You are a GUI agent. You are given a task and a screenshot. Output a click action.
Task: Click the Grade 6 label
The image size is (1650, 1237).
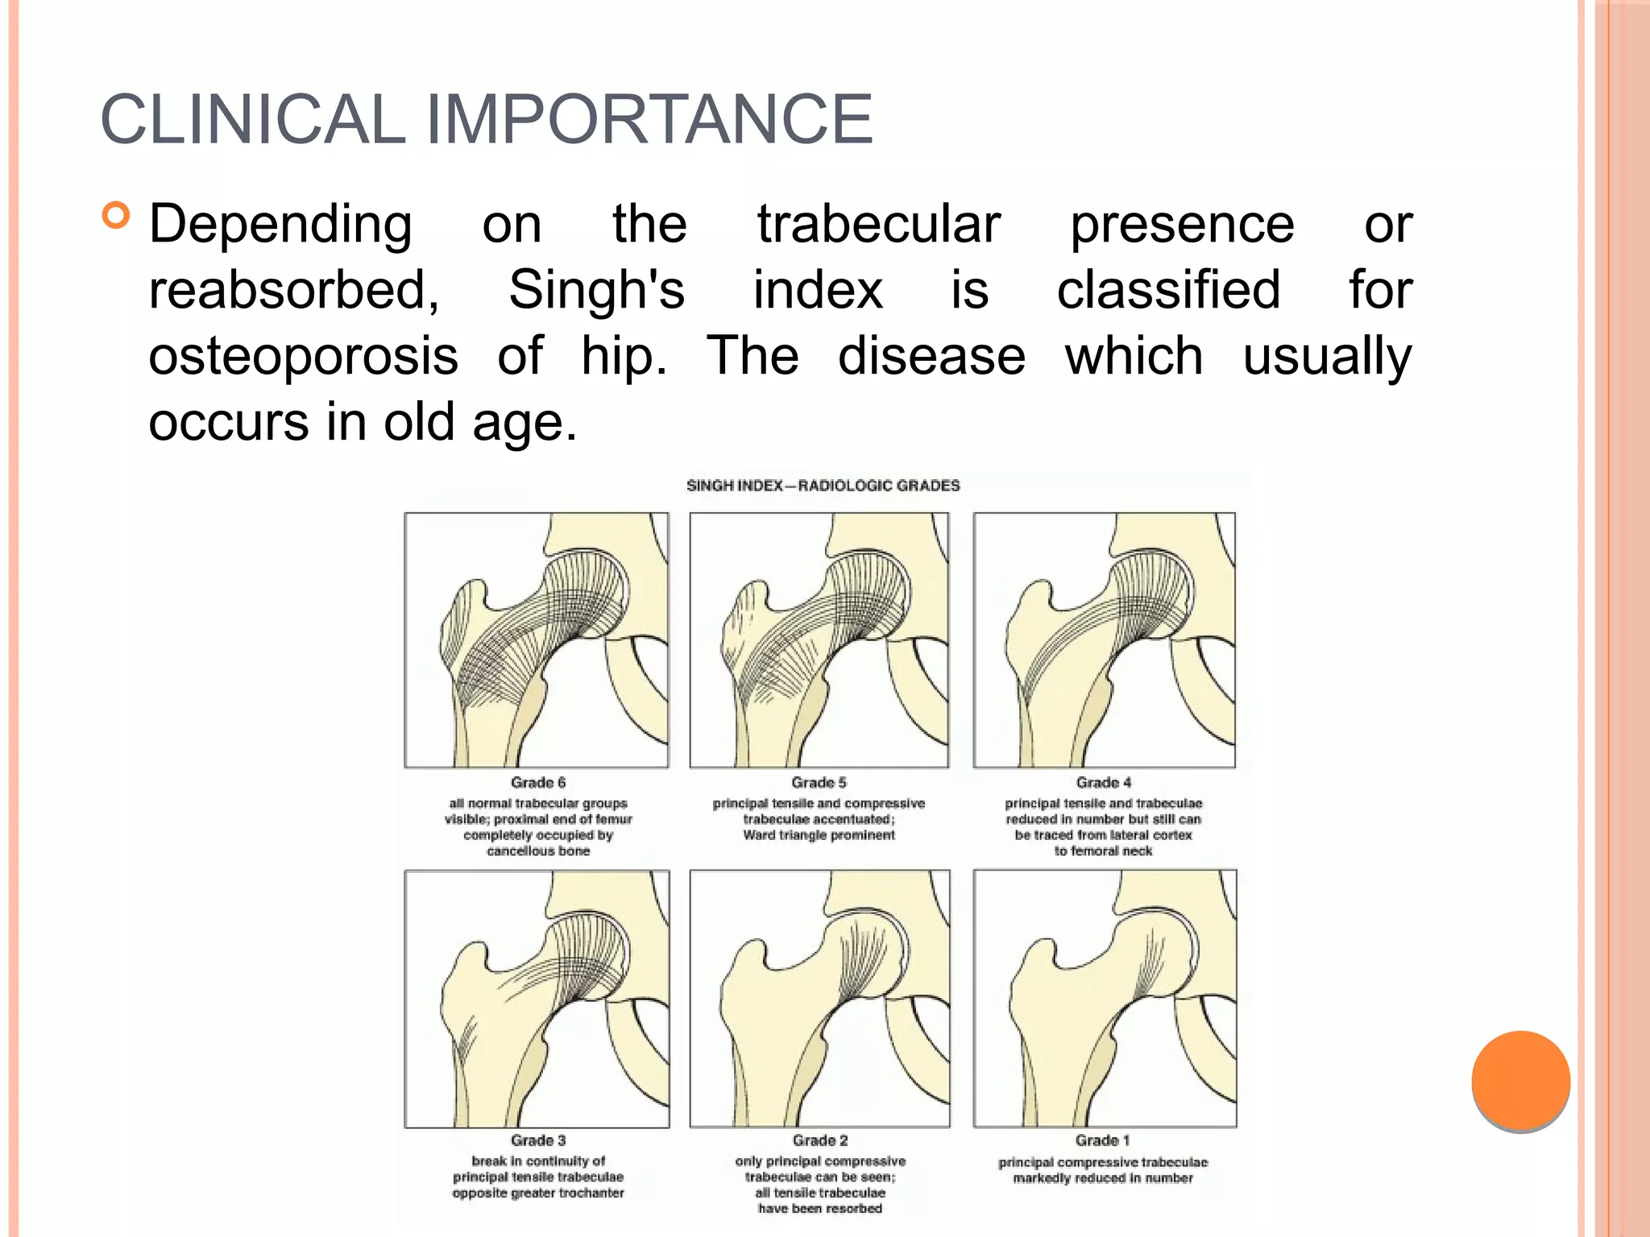pyautogui.click(x=538, y=783)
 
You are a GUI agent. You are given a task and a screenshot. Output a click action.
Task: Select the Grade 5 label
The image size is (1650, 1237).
pyautogui.click(x=819, y=783)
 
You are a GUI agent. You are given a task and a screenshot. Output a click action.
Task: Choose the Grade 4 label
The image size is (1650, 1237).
pyautogui.click(x=1104, y=783)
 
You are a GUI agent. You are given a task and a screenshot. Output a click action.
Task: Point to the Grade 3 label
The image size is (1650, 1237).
pyautogui.click(x=538, y=1140)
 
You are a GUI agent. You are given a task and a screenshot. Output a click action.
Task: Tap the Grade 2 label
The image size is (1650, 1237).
pyautogui.click(x=820, y=1140)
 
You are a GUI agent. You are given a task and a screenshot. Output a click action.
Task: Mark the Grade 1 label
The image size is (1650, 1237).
pyautogui.click(x=1103, y=1140)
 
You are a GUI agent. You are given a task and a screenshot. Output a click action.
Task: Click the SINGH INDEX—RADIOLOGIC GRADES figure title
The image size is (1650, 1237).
pyautogui.click(x=823, y=486)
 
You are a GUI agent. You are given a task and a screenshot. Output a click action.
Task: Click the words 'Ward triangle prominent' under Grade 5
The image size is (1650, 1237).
pyautogui.click(x=819, y=835)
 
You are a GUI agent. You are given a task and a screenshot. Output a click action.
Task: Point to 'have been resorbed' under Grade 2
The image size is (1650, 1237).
pyautogui.click(x=820, y=1208)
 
